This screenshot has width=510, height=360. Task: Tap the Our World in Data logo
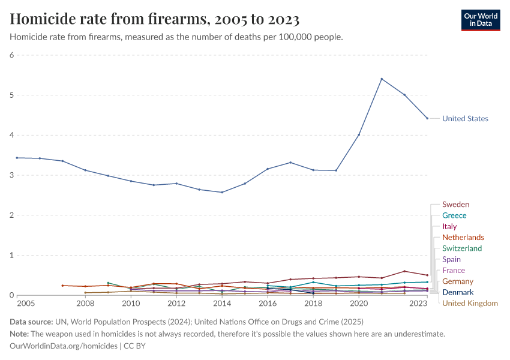click(x=481, y=20)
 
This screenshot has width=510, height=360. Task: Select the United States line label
click(x=465, y=119)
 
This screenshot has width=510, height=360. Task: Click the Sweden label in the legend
click(x=455, y=205)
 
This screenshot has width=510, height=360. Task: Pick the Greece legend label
click(x=454, y=215)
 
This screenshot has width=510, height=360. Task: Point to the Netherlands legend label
click(x=463, y=238)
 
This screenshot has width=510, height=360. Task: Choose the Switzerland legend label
click(x=462, y=248)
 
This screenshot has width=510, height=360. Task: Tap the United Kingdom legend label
click(x=470, y=303)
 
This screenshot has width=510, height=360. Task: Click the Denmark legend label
click(x=458, y=292)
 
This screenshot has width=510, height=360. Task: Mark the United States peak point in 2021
click(x=382, y=79)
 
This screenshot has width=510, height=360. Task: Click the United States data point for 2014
click(x=222, y=192)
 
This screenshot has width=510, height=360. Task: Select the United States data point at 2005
click(x=17, y=158)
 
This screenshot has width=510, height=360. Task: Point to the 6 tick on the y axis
click(x=11, y=55)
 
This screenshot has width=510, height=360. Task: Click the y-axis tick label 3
click(x=11, y=175)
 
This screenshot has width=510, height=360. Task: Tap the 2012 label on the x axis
click(x=176, y=304)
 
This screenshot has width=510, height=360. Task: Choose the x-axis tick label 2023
click(x=419, y=304)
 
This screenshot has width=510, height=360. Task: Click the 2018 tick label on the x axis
click(x=313, y=304)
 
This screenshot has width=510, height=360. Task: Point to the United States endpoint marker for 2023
click(x=427, y=118)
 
